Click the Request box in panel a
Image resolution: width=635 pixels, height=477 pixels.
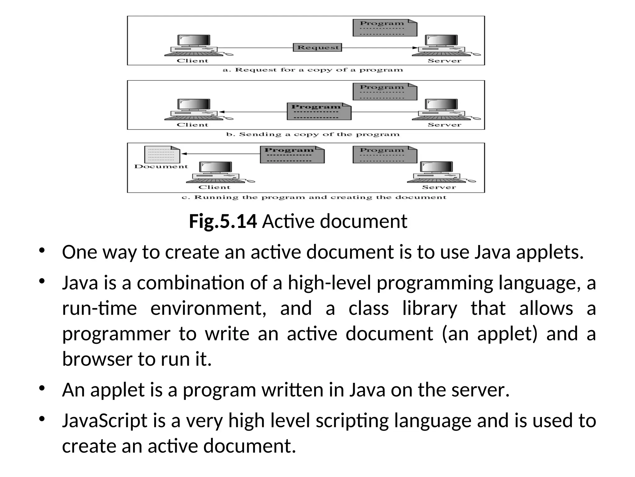pos(317,48)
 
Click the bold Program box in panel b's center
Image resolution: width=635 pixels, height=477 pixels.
pos(319,111)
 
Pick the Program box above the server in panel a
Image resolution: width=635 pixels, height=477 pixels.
pos(385,28)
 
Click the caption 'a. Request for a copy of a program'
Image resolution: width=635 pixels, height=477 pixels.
pos(313,70)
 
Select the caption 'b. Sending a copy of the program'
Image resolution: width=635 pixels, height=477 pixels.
pos(313,134)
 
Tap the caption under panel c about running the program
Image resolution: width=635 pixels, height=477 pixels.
pos(314,198)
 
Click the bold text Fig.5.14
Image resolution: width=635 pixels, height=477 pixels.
pos(223,221)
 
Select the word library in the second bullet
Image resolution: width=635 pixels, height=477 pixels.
pos(429,308)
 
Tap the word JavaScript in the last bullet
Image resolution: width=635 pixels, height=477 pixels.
pos(104,421)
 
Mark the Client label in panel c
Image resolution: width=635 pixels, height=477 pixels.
pos(214,187)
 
